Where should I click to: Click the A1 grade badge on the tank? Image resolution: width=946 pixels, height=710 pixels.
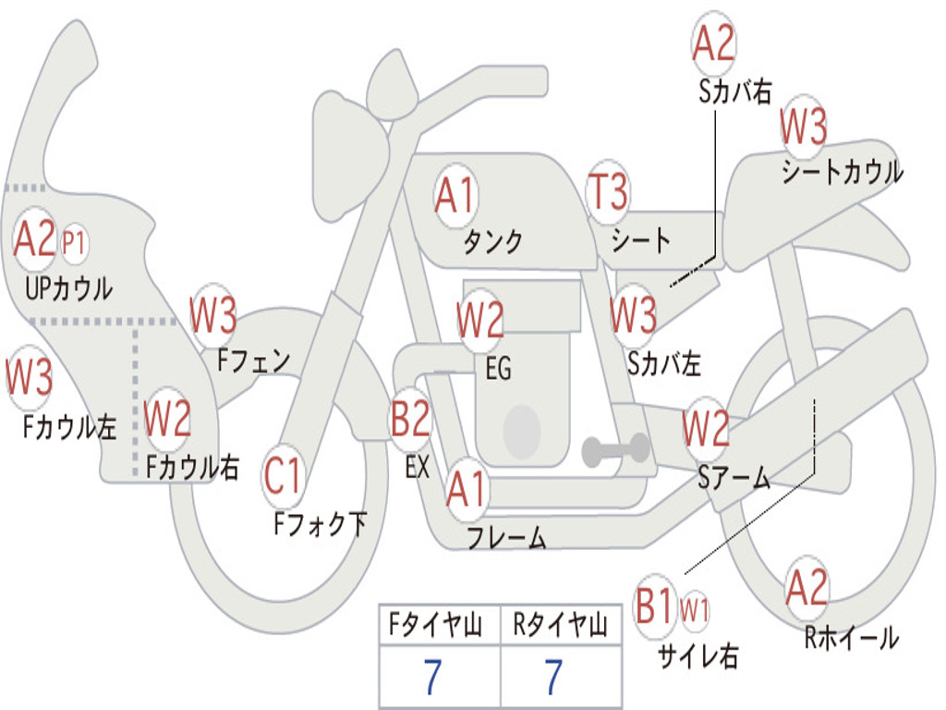click(x=455, y=196)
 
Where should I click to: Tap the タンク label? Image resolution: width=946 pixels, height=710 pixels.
click(x=492, y=242)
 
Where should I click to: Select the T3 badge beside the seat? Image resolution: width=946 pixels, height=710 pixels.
click(x=608, y=192)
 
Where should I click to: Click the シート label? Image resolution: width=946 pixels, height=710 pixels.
click(x=640, y=241)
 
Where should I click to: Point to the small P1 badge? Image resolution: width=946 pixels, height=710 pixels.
click(x=74, y=243)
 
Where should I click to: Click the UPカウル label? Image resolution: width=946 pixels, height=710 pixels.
click(x=68, y=288)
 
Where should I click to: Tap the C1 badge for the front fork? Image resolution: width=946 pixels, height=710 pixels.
click(x=284, y=477)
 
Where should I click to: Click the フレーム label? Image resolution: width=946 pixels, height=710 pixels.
click(x=506, y=538)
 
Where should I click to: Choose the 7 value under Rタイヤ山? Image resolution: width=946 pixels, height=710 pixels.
click(x=553, y=679)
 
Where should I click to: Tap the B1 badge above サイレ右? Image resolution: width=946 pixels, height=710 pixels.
click(x=655, y=607)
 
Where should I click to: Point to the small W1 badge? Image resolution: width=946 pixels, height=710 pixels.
click(x=695, y=610)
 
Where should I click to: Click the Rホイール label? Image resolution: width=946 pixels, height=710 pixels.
click(x=851, y=638)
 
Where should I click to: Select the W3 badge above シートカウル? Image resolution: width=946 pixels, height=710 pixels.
click(x=804, y=128)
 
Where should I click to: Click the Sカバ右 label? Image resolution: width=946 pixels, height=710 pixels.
click(x=734, y=92)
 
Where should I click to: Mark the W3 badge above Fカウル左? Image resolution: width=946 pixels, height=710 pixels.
click(x=29, y=378)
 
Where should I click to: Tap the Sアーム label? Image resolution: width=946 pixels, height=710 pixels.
click(x=734, y=478)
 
